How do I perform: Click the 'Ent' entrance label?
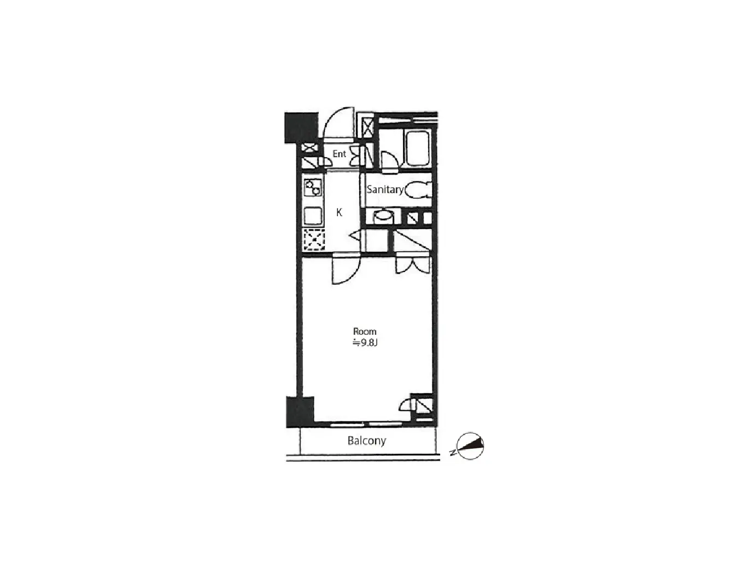tap(339, 154)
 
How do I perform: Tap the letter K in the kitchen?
tap(339, 212)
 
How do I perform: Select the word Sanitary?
tap(385, 189)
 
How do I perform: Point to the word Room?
tap(365, 331)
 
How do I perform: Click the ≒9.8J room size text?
tap(365, 343)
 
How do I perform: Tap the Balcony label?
tap(366, 441)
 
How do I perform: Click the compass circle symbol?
tap(470, 446)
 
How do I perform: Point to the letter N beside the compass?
tap(453, 453)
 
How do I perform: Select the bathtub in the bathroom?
tap(416, 148)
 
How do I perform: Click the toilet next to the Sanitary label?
tap(418, 190)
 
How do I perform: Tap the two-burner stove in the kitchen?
tap(313, 188)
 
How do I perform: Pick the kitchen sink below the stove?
tap(313, 216)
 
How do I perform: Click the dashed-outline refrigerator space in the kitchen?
tap(314, 239)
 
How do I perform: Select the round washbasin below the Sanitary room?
tap(383, 217)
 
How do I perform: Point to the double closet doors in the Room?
tap(412, 265)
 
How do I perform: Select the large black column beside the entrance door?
tap(301, 128)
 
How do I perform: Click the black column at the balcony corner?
tap(300, 412)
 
